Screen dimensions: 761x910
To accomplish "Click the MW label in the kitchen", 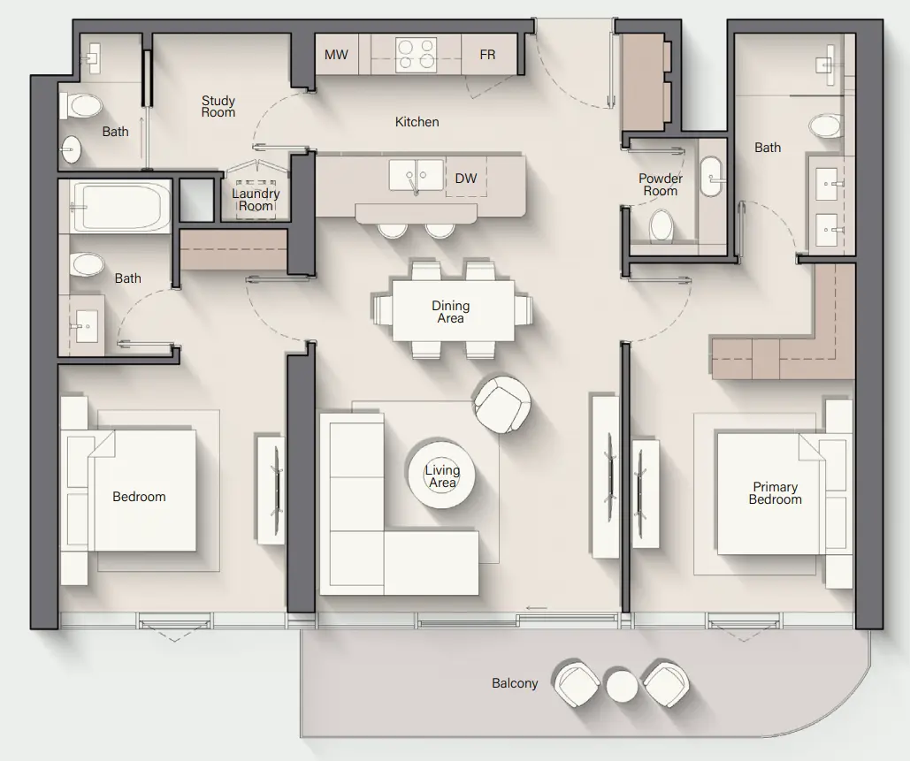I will tap(336, 55).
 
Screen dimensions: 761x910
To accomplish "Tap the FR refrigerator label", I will tap(487, 55).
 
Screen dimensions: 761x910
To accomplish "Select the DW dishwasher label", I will tap(466, 179).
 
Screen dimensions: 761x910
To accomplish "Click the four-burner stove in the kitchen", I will tap(416, 54).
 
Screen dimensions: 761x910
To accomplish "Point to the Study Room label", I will tap(218, 107).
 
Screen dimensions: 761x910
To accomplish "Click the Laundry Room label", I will tap(256, 200).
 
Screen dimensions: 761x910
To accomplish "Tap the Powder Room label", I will tap(661, 185).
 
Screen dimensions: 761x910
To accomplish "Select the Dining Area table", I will tap(452, 311).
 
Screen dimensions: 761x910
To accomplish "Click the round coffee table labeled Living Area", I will tap(441, 476).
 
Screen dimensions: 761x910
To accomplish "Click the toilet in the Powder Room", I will tap(661, 225).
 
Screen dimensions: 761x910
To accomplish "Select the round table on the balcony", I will tap(622, 684).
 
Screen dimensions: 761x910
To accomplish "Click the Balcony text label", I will tap(515, 683).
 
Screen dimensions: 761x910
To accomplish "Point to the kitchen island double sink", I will tap(416, 175).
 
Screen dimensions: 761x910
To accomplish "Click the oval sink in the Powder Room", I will tap(712, 176).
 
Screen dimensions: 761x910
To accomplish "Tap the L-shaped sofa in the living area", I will tap(371, 530).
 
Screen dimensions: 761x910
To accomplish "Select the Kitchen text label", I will tap(417, 122).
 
